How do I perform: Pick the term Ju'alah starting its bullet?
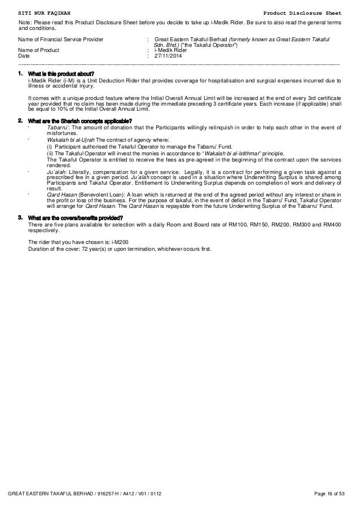(x=56, y=171)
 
